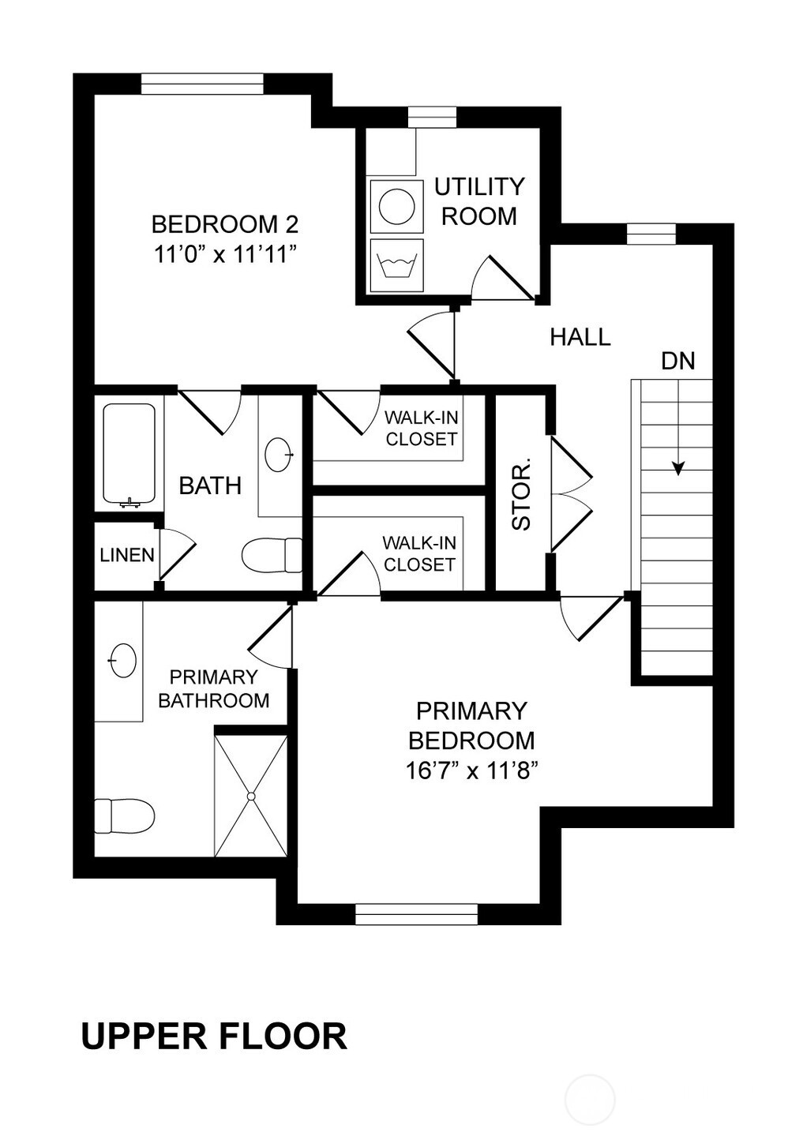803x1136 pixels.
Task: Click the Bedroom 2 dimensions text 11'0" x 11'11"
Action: [x=225, y=255]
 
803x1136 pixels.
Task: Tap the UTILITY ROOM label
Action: [x=478, y=201]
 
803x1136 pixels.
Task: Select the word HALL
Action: [x=580, y=337]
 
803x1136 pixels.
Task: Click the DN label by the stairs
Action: [x=678, y=361]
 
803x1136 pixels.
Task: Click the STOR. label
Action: [x=521, y=494]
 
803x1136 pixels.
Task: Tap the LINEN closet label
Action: [x=127, y=555]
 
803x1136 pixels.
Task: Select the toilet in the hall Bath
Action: [x=272, y=554]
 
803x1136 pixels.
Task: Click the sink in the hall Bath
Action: [x=279, y=455]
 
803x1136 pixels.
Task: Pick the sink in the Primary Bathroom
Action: [x=123, y=660]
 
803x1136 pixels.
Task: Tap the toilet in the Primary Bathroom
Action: [x=124, y=816]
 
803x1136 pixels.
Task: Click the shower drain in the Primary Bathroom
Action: [x=250, y=797]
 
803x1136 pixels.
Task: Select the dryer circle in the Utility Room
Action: [x=397, y=206]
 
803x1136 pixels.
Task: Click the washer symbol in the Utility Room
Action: [x=396, y=266]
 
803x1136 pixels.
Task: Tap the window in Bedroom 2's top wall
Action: [x=203, y=84]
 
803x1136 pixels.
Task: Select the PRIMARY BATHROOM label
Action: [x=213, y=688]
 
